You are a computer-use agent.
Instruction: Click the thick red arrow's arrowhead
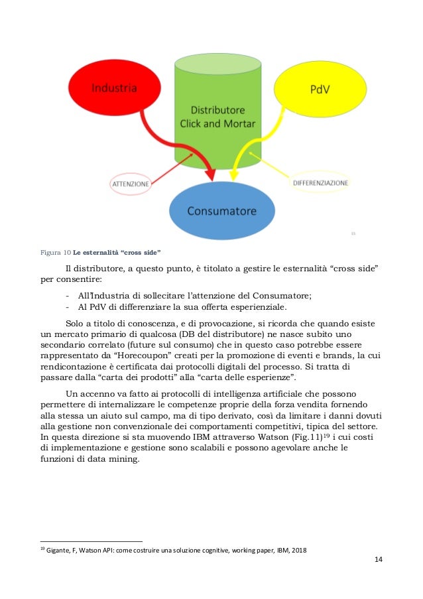(x=210, y=174)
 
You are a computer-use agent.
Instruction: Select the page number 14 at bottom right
(x=378, y=561)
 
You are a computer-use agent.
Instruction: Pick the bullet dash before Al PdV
(x=68, y=307)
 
